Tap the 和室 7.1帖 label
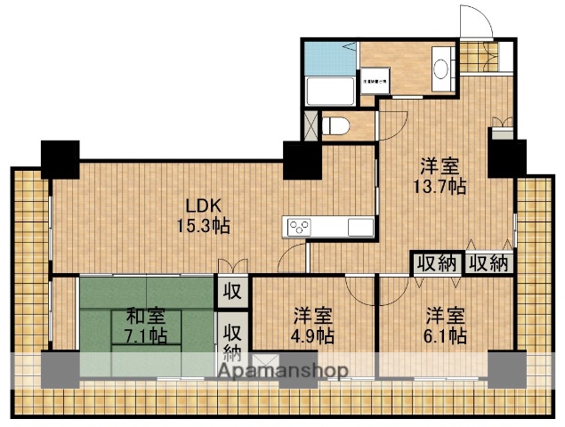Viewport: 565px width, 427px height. pos(143,325)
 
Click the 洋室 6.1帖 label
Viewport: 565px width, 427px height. pos(445,326)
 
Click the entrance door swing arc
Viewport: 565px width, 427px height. pos(473,21)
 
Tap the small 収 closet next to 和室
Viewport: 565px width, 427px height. pos(230,290)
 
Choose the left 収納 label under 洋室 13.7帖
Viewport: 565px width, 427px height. pos(434,263)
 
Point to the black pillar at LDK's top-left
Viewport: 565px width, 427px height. pos(60,157)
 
